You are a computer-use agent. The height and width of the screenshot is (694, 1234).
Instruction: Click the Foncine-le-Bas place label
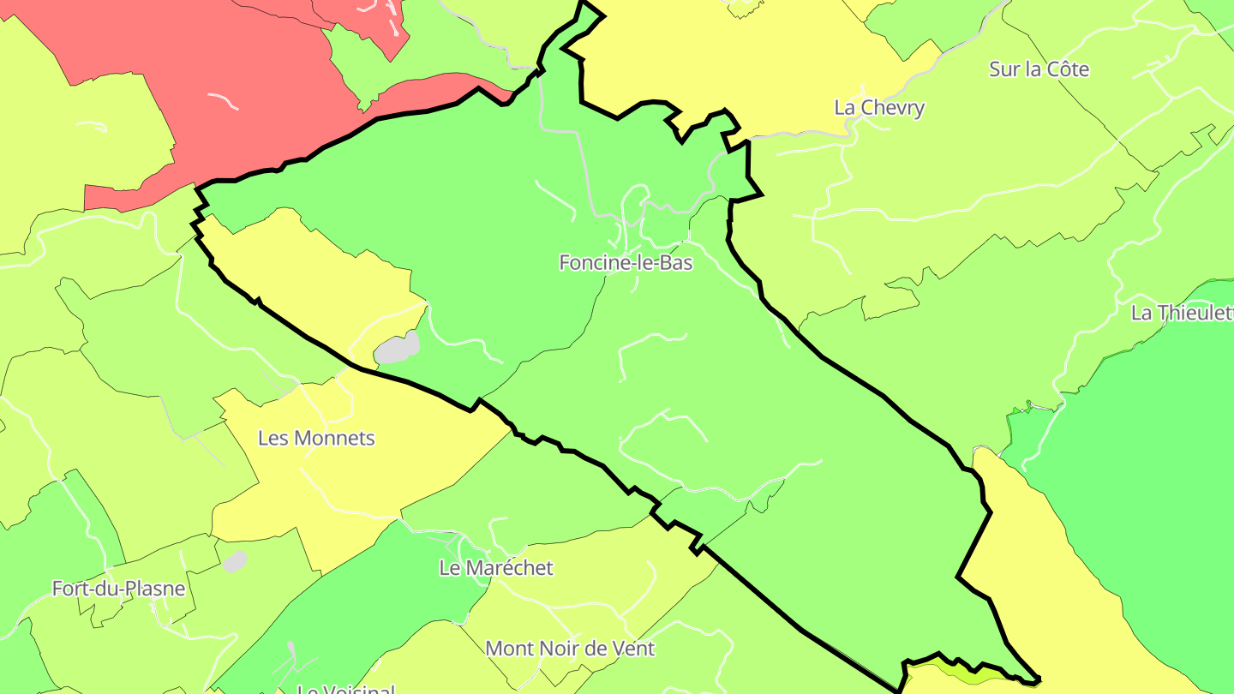tap(626, 263)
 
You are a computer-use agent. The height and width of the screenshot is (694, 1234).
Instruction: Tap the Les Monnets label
tap(316, 438)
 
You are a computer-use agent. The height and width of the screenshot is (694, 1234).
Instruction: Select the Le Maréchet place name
tap(496, 568)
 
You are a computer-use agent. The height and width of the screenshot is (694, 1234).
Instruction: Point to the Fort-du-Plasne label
tap(118, 589)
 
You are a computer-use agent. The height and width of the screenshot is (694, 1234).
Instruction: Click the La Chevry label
tap(879, 108)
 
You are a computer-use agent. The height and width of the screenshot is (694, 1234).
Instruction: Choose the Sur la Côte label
tap(1039, 69)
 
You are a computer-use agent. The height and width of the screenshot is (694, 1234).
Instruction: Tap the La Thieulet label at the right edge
tap(1182, 313)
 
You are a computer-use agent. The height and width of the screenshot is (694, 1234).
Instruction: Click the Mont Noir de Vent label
tap(570, 649)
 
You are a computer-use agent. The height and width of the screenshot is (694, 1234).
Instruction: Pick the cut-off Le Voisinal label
tap(346, 689)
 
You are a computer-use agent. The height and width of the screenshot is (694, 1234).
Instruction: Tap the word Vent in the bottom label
tap(633, 649)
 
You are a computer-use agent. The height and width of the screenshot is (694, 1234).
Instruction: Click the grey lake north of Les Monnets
tap(397, 348)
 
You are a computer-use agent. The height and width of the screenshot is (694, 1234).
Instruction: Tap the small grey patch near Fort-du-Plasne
tap(234, 561)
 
